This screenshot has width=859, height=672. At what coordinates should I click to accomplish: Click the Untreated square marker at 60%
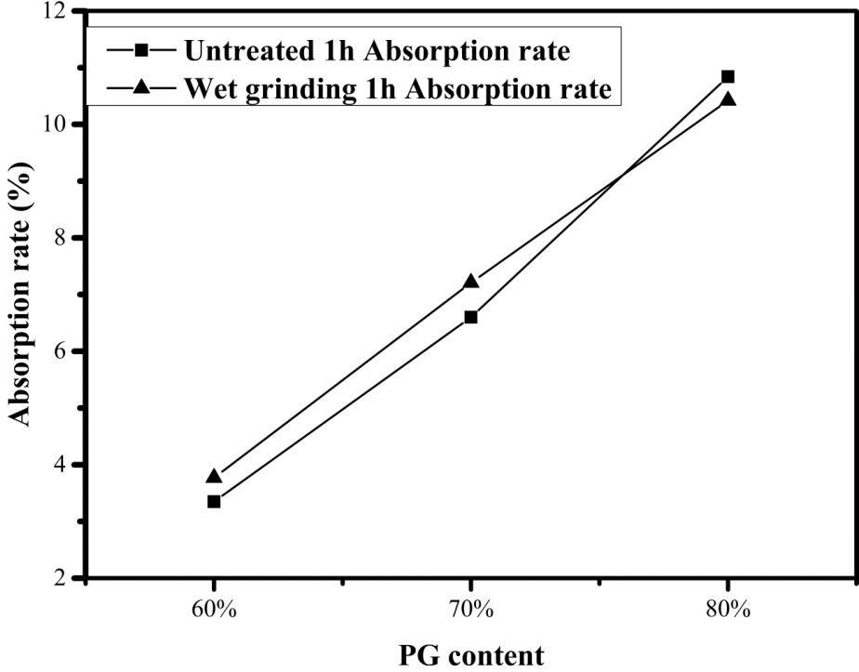[214, 501]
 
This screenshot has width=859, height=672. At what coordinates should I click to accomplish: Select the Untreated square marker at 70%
[470, 317]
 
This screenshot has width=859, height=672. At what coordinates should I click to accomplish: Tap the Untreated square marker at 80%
[728, 76]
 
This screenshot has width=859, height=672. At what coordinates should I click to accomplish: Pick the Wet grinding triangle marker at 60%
[214, 476]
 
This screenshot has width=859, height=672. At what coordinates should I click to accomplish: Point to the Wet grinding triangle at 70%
[470, 281]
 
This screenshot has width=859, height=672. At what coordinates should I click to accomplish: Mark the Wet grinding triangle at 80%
[728, 99]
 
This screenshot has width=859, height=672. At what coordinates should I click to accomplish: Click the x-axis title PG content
[470, 653]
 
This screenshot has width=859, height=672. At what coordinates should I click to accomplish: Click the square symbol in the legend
[141, 50]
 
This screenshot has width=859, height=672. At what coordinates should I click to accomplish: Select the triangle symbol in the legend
[141, 87]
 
